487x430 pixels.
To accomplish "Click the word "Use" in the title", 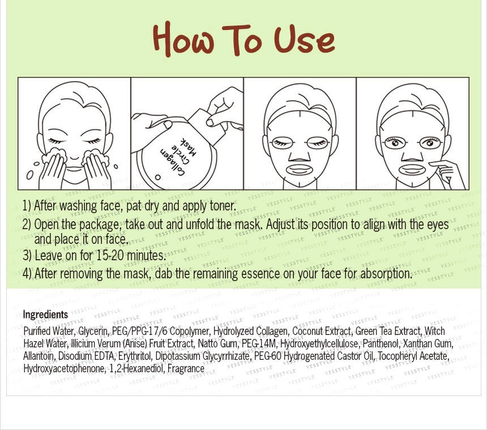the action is [x=304, y=40].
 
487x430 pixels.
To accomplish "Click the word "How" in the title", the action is [x=183, y=39].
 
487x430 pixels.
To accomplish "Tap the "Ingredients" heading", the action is [x=45, y=315].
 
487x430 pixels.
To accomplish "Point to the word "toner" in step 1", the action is [x=223, y=205].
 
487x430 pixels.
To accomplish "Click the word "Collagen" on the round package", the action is [x=173, y=161].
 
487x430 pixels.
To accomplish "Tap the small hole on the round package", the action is [x=158, y=178].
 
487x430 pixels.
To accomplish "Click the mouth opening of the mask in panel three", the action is [x=300, y=169].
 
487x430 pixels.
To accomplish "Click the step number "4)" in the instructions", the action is [x=27, y=274].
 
